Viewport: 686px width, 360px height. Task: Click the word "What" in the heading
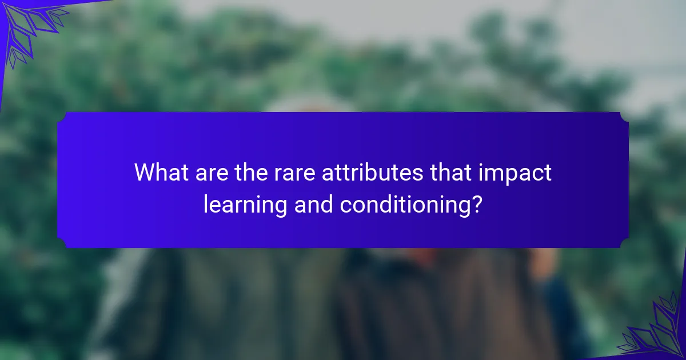click(x=161, y=172)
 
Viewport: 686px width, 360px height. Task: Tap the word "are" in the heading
click(x=212, y=174)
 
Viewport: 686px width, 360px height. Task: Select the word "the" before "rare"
click(x=251, y=172)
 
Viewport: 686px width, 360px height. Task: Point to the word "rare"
click(x=294, y=174)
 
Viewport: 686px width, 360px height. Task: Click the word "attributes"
click(x=372, y=172)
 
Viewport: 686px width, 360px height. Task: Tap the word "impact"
click(x=515, y=174)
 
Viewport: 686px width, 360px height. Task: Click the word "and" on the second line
click(x=314, y=204)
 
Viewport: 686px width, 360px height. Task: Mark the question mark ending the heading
click(x=477, y=204)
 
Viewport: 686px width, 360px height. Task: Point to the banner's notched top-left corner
click(x=62, y=117)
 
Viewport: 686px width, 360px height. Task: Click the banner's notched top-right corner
click(x=624, y=117)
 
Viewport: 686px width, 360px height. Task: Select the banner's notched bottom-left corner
click(x=62, y=243)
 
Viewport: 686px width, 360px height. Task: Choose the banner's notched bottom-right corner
click(x=624, y=243)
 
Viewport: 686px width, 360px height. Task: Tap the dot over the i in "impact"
click(x=481, y=165)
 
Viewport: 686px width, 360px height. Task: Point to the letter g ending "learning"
click(x=281, y=209)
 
